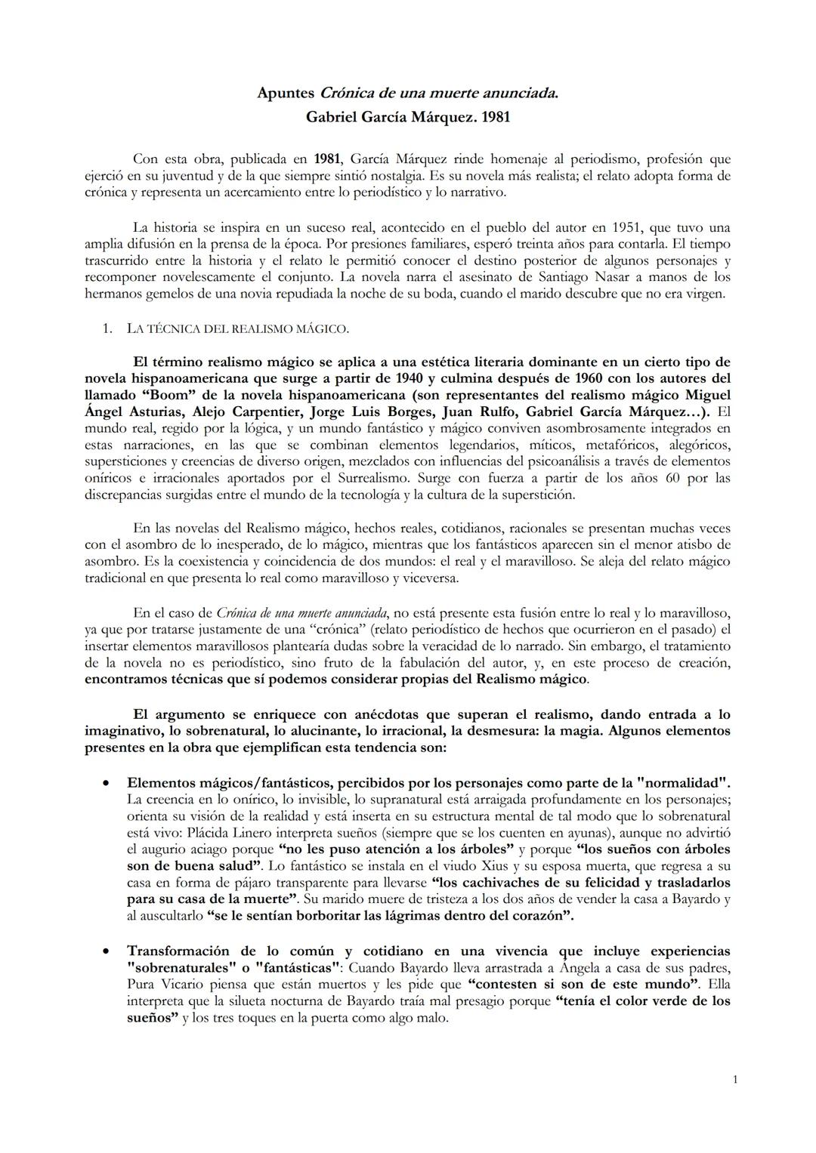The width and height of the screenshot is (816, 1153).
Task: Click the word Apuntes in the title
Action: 285,94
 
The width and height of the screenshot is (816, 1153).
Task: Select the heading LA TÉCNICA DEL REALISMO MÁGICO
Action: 237,328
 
